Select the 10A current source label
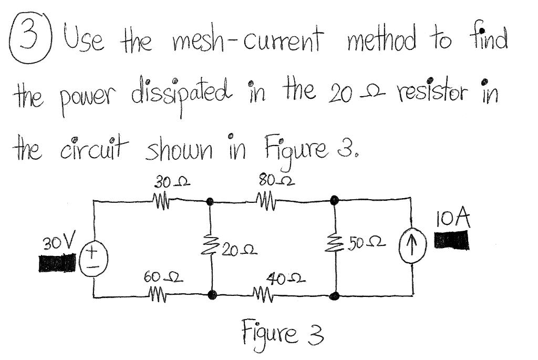tap(453, 218)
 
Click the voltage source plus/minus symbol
tap(94, 259)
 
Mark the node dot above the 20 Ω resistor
tap(211, 201)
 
